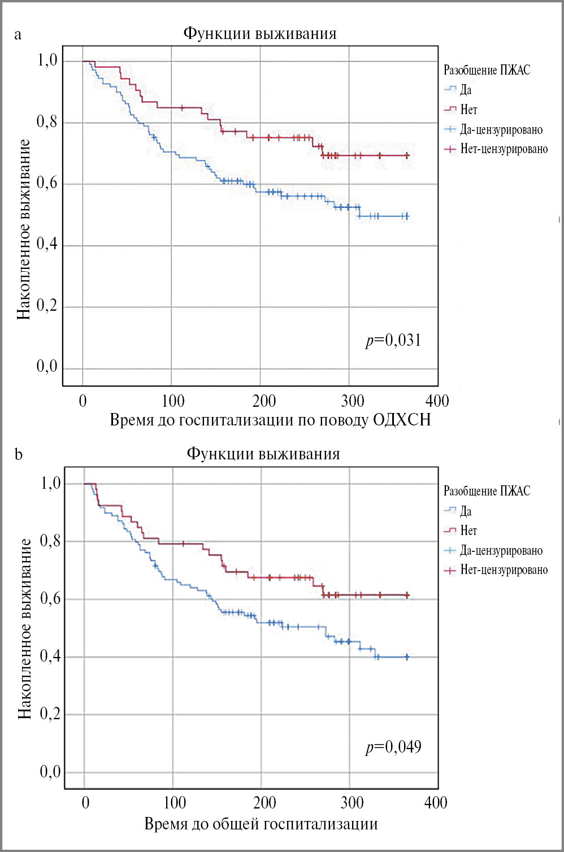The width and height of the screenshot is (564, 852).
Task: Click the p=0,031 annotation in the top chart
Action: [x=393, y=340]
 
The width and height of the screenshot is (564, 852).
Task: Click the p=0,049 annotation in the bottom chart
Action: [x=393, y=747]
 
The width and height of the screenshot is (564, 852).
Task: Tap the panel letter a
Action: [x=18, y=35]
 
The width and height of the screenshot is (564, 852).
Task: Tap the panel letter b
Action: [x=19, y=455]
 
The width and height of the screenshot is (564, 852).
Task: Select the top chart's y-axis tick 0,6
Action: [x=47, y=183]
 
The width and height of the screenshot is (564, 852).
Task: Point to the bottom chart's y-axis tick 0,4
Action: [x=50, y=657]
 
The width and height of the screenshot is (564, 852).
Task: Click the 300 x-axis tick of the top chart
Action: [x=352, y=401]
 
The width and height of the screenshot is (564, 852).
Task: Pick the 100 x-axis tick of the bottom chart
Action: [x=174, y=803]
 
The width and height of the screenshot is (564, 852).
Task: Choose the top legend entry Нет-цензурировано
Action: [x=504, y=149]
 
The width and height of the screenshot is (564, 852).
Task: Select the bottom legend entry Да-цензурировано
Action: [x=501, y=550]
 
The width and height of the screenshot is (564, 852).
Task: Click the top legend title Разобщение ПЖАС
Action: [x=487, y=70]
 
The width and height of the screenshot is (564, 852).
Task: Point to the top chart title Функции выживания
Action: [x=260, y=33]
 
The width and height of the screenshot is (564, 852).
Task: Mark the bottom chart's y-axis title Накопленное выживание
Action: [x=25, y=629]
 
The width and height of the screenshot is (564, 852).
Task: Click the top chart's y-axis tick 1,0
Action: [x=47, y=60]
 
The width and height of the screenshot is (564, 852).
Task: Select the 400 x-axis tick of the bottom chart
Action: [x=436, y=803]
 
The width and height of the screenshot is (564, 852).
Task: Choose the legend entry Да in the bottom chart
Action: [x=466, y=511]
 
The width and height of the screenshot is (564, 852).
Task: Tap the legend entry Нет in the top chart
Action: [x=468, y=110]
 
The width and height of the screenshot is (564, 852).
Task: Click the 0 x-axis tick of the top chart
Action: [x=83, y=401]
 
